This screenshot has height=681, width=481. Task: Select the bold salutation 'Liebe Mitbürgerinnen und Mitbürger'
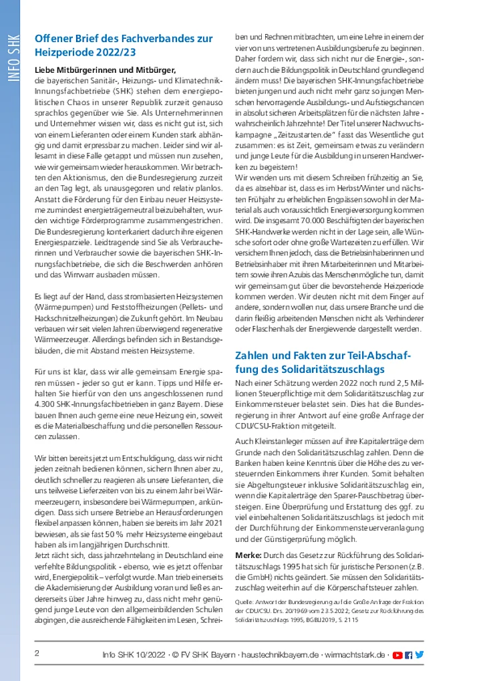pos(105,70)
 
